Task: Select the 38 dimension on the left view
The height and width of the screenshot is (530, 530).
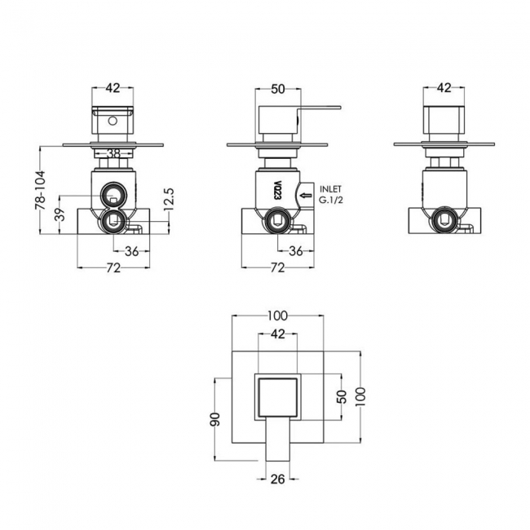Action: click(x=113, y=152)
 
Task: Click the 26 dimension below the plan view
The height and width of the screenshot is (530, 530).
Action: click(x=277, y=479)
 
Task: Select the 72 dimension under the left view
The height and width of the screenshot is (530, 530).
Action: click(x=113, y=268)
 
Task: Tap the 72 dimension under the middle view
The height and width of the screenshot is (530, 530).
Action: click(x=278, y=268)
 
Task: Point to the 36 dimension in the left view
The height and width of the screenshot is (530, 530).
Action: click(x=130, y=252)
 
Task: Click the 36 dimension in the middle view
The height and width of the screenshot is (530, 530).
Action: click(x=296, y=252)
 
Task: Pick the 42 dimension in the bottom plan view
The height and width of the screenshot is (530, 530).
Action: click(x=278, y=333)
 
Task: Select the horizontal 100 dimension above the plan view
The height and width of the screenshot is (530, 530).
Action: click(x=278, y=315)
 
